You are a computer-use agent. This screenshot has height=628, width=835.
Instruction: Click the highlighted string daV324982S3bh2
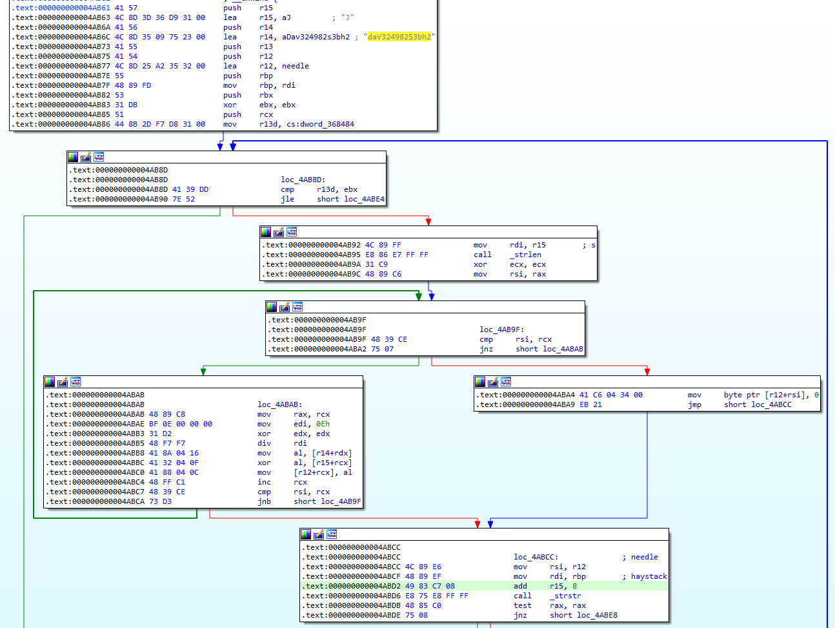tap(399, 37)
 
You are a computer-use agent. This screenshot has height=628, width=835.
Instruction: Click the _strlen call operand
tap(525, 255)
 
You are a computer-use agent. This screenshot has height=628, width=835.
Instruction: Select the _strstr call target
tap(565, 596)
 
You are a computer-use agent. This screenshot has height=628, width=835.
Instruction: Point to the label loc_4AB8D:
tap(303, 180)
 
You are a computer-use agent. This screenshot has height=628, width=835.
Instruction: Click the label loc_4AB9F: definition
tap(502, 330)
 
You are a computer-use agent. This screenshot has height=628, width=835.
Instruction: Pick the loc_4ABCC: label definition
tap(536, 557)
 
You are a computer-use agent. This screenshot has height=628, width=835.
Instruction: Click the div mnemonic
tap(264, 444)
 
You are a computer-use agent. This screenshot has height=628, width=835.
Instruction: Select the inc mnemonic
tap(264, 483)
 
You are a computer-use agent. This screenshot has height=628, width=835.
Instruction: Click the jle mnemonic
tap(287, 199)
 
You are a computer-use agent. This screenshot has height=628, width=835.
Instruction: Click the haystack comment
tap(649, 576)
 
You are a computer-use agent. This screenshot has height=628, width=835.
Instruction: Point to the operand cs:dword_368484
tap(320, 124)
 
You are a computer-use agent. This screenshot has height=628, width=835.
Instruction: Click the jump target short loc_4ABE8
tap(583, 616)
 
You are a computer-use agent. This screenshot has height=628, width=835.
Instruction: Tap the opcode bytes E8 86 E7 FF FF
tap(397, 255)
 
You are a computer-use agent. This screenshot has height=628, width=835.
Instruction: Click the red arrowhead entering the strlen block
tap(428, 222)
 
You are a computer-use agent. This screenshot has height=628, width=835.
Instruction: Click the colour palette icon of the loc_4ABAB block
tap(50, 382)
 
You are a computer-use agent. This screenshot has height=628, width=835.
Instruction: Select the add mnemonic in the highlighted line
tap(520, 587)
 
